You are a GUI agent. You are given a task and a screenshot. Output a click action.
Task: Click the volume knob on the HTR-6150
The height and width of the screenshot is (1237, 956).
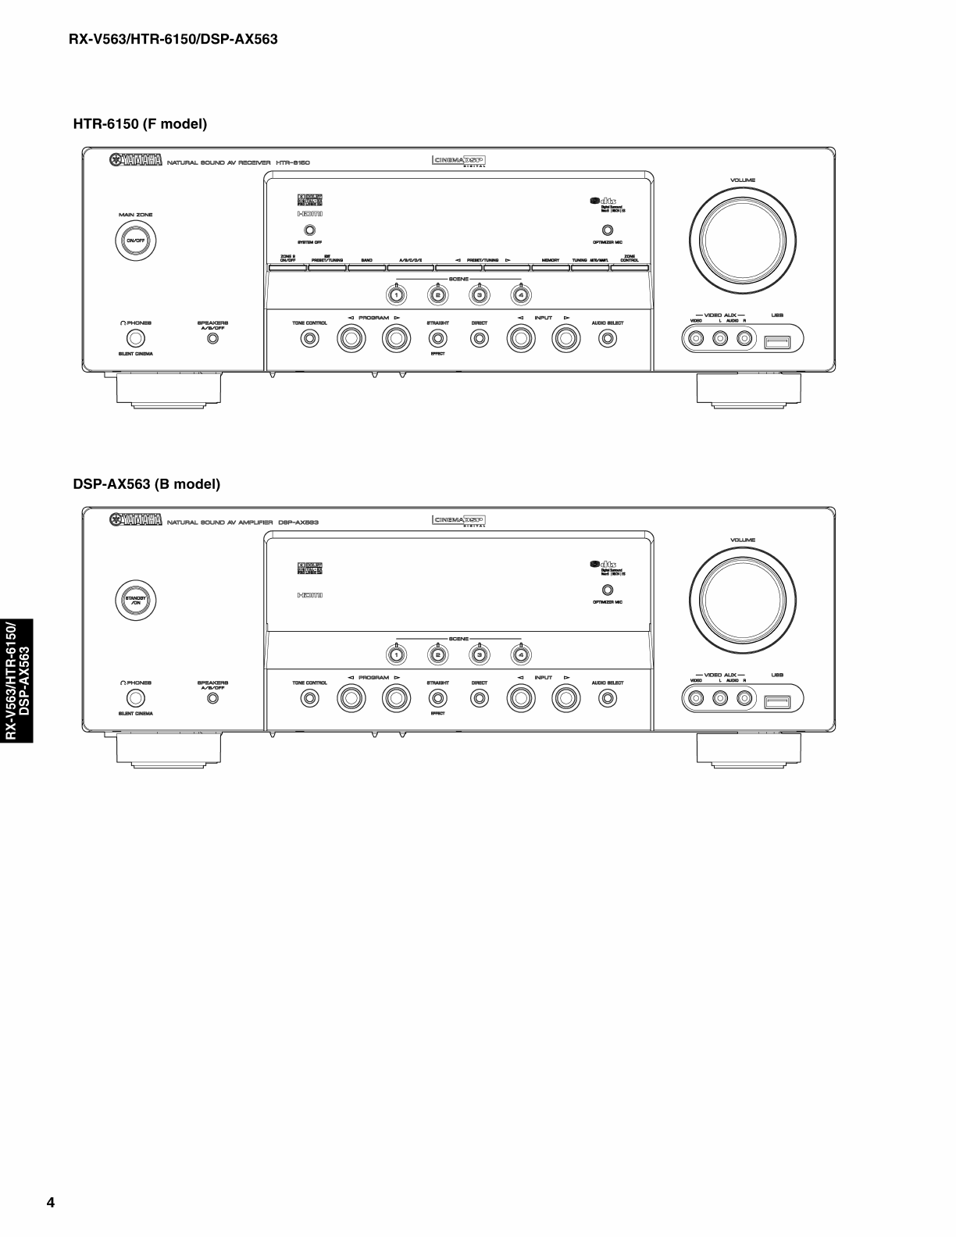click(x=743, y=240)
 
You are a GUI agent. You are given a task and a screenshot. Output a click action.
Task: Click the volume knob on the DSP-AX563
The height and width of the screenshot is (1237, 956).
click(x=743, y=600)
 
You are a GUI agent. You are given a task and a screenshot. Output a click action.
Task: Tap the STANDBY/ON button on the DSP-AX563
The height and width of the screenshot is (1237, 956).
click(x=136, y=600)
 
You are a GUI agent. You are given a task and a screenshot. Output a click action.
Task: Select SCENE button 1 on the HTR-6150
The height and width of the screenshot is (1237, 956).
click(x=397, y=294)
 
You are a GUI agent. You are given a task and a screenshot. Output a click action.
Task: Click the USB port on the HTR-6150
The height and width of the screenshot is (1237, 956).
click(x=777, y=341)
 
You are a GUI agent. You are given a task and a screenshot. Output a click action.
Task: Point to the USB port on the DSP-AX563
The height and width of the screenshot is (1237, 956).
click(x=777, y=701)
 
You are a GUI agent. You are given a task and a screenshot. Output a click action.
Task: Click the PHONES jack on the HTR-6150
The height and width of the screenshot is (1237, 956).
click(x=136, y=338)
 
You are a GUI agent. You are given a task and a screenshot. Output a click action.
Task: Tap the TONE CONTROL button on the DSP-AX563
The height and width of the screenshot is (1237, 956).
click(x=310, y=698)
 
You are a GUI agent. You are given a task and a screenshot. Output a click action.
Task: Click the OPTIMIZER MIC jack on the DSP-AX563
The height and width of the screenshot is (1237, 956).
click(x=608, y=590)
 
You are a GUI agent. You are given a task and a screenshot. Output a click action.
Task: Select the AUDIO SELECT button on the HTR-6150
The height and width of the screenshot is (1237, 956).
click(x=608, y=338)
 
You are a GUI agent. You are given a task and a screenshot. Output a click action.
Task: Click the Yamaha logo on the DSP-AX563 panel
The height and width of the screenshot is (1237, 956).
click(x=136, y=520)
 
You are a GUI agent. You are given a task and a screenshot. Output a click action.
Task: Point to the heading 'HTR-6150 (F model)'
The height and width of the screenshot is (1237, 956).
click(x=140, y=124)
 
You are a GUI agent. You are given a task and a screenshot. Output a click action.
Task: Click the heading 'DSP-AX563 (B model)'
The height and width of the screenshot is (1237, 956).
click(x=147, y=484)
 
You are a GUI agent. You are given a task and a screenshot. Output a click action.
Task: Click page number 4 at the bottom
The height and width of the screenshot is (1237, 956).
click(x=51, y=1202)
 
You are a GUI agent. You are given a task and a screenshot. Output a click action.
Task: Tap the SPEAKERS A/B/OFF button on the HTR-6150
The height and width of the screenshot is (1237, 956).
click(x=212, y=339)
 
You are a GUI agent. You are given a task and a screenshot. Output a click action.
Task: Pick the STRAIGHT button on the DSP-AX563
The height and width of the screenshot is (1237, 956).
click(x=438, y=698)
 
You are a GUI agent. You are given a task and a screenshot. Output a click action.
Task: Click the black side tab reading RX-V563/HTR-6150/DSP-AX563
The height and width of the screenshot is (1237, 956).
click(x=17, y=681)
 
